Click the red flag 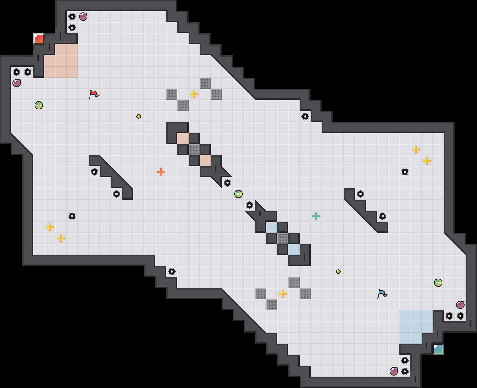point(94,94)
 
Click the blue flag point(382,294)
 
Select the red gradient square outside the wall point(39,39)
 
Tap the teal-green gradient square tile point(438,349)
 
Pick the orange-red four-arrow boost point(161,172)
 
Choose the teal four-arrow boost point(316,216)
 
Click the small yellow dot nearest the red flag point(139,116)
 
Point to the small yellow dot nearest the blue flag point(338,272)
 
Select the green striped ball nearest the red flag point(39,105)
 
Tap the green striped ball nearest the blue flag point(438,283)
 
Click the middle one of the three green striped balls point(238,194)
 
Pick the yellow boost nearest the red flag point(194,94)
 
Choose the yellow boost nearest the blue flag point(283,294)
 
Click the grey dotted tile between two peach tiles point(194,150)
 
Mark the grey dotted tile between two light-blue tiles point(283,238)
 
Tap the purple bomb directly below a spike point(17,83)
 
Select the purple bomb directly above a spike point(460,305)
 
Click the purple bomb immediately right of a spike point(83,17)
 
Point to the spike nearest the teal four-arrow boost point(361,194)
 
